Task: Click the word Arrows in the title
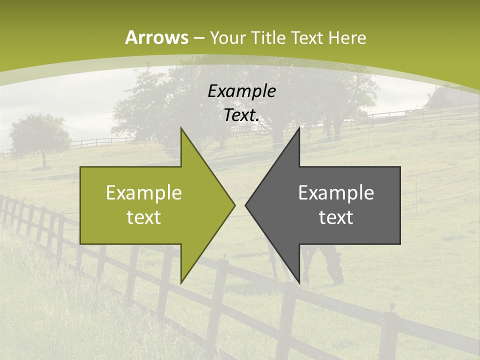[x=157, y=37]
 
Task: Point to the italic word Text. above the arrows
[x=241, y=115]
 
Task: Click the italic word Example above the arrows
[x=241, y=91]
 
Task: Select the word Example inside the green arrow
[x=143, y=192]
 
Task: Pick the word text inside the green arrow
[x=143, y=217]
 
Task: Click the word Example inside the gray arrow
[x=336, y=192]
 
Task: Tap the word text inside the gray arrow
[x=336, y=217]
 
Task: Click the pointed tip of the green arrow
[x=234, y=205]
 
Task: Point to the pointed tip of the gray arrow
[x=245, y=205]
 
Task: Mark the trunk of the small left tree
[x=43, y=159]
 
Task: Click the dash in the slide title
[x=198, y=38]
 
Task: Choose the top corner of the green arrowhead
[x=181, y=128]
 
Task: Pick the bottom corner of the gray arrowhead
[x=299, y=283]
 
